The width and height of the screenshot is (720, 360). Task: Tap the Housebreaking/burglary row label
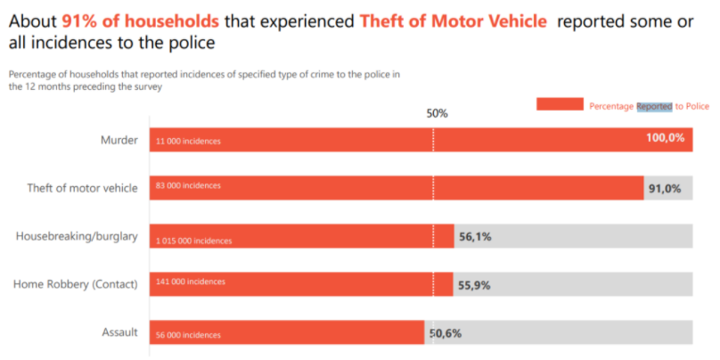77,236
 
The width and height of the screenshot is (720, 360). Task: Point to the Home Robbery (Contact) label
75,284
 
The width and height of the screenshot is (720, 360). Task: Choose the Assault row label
119,332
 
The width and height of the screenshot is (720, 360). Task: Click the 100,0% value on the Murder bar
665,138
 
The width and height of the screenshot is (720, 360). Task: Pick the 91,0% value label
665,188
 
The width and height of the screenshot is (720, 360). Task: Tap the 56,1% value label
475,237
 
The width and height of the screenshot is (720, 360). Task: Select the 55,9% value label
474,285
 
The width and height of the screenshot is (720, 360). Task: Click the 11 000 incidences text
188,141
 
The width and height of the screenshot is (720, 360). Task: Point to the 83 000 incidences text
188,185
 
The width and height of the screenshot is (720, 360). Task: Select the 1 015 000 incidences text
193,241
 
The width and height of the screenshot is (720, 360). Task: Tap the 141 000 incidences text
190,282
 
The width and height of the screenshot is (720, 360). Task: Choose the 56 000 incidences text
188,335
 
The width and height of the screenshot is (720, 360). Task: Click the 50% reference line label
437,114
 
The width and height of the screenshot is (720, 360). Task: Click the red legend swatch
560,104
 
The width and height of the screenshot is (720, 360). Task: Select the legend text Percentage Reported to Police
649,106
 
